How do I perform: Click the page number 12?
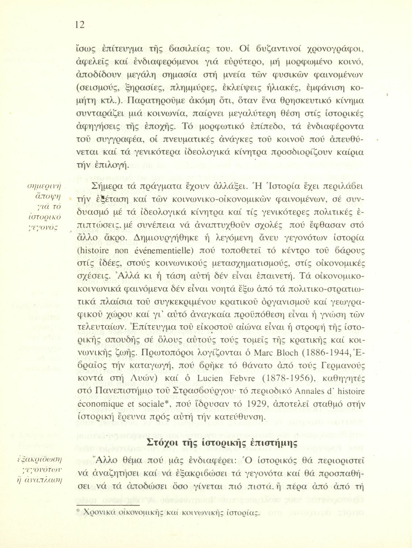pyautogui.click(x=79, y=24)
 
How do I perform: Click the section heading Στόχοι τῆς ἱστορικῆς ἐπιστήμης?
pyautogui.click(x=222, y=442)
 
